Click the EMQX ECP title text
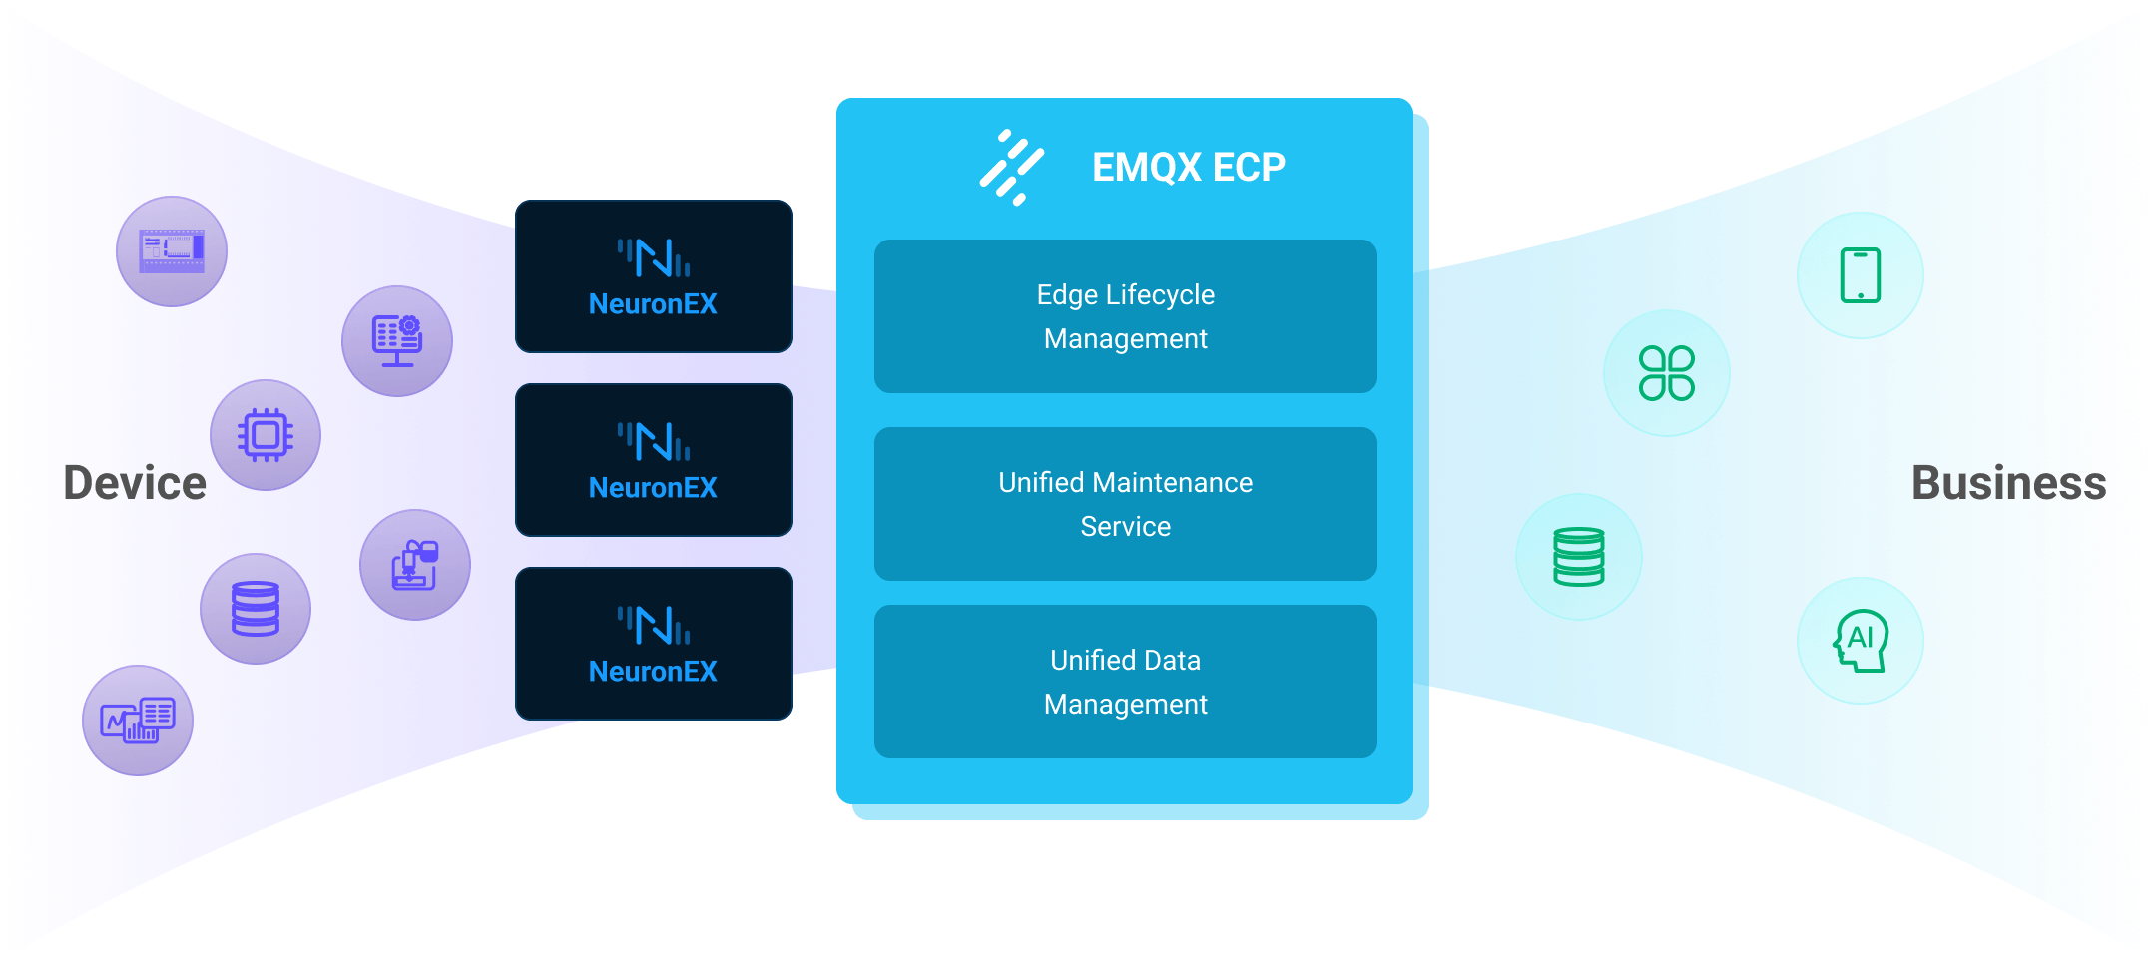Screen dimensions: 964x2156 1188,167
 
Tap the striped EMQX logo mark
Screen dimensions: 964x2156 1011,167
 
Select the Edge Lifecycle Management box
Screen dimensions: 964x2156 1125,316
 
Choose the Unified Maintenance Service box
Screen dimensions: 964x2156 1125,504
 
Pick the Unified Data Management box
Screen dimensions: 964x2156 1125,682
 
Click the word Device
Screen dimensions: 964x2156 135,483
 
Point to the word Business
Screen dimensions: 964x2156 2008,483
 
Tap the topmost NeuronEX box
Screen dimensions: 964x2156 653,276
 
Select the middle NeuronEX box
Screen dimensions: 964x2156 653,460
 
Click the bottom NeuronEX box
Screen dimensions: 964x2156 653,644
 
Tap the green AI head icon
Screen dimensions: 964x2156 1860,641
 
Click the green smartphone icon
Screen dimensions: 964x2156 1860,275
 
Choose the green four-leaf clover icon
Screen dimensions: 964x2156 1666,373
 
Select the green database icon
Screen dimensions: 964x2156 1578,557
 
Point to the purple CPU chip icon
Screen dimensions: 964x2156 265,435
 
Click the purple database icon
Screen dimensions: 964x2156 255,609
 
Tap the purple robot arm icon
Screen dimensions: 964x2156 414,565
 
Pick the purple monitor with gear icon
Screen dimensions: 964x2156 396,341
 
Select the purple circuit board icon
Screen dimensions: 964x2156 172,251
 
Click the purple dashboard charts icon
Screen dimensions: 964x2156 138,721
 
